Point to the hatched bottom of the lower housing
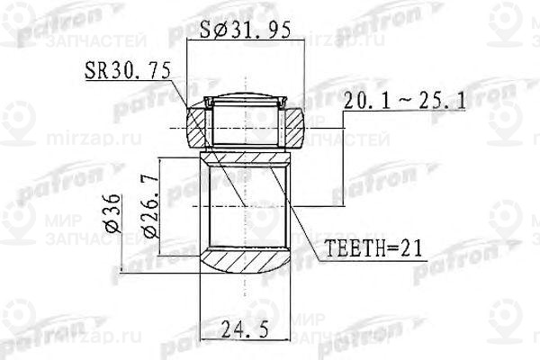[245, 264]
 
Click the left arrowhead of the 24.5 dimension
[203, 340]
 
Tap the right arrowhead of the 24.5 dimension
[287, 340]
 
